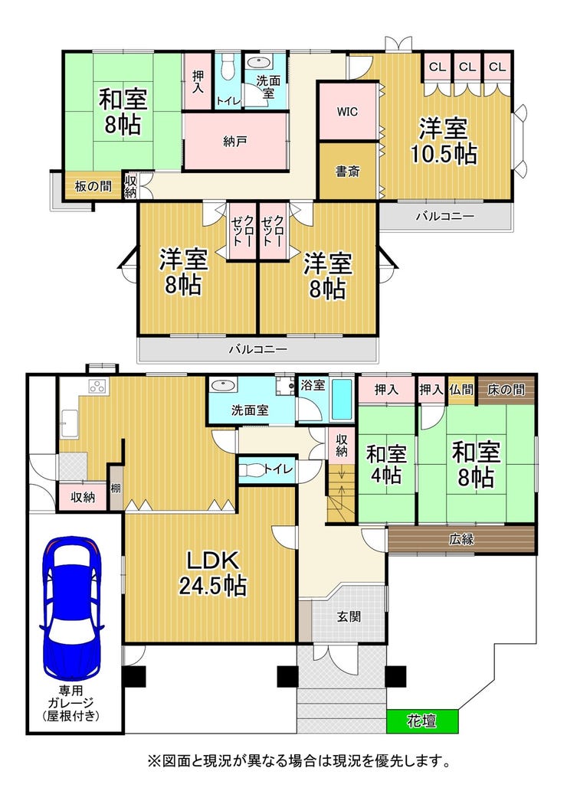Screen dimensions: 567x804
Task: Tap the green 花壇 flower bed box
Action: click(422, 721)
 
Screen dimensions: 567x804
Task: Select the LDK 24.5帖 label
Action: click(212, 574)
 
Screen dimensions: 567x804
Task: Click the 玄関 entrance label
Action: click(349, 616)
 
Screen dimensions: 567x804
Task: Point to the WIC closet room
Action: click(348, 111)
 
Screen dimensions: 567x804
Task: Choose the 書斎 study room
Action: click(348, 171)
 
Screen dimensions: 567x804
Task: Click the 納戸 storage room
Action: click(235, 142)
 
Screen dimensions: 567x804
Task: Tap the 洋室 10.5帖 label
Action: click(444, 141)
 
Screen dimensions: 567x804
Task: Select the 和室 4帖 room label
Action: click(386, 465)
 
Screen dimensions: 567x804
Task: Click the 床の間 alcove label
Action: click(506, 390)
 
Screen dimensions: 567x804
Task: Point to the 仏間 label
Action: click(460, 390)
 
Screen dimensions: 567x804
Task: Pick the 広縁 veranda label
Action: click(461, 539)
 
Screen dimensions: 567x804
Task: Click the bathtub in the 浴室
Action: click(342, 400)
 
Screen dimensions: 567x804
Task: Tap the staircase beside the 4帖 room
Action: click(341, 493)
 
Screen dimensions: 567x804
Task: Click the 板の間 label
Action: click(93, 185)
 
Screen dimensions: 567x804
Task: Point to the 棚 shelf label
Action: click(116, 488)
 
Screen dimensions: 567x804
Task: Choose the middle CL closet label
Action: click(467, 67)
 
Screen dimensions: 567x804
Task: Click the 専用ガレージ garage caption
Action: click(71, 703)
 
